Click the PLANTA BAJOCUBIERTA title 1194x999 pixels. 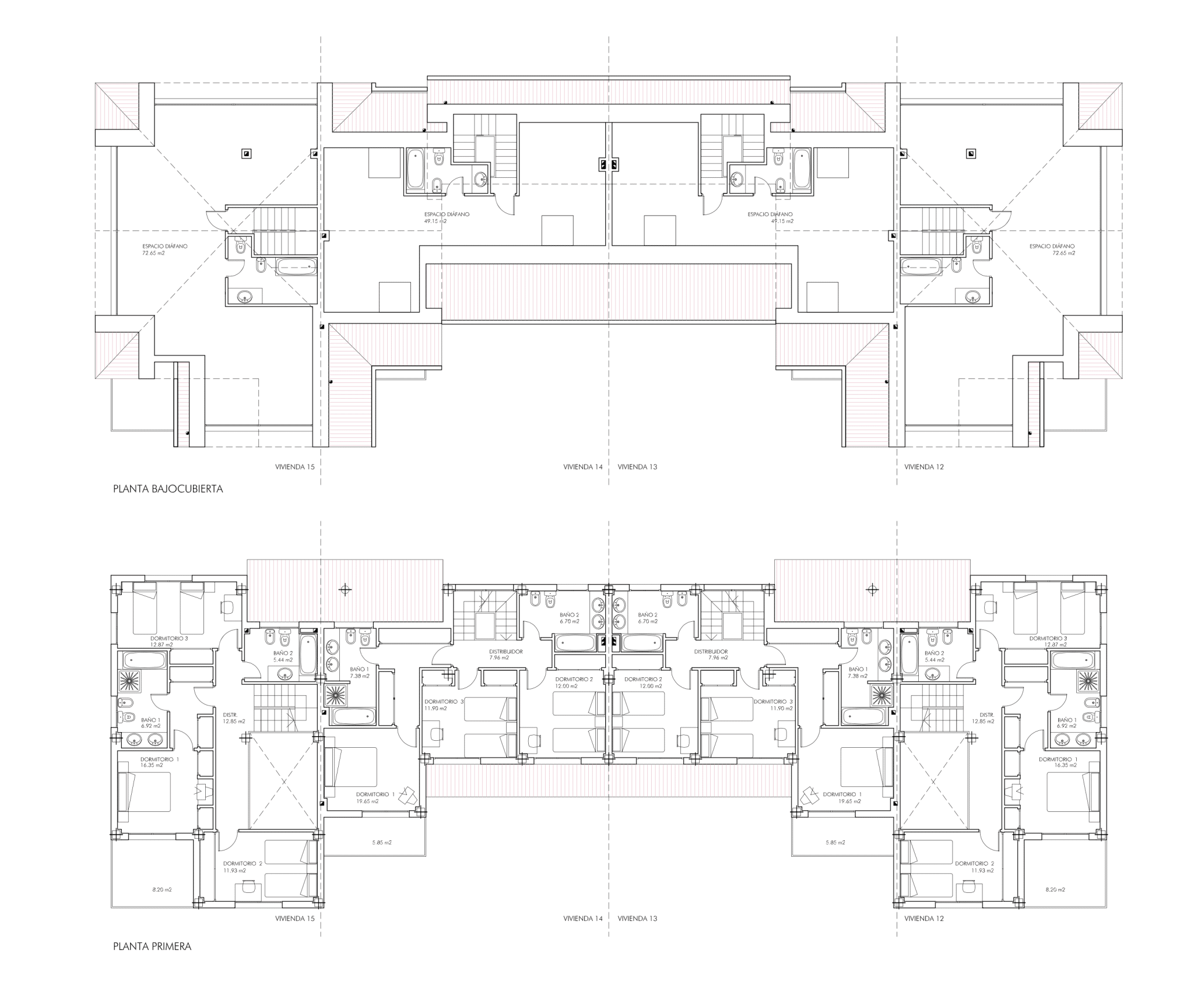pos(168,489)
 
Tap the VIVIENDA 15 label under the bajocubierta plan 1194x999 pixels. pos(294,467)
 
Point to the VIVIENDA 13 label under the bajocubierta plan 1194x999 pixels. pos(637,467)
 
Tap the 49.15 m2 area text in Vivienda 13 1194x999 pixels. pos(782,221)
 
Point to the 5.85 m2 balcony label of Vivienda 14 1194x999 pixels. pos(382,842)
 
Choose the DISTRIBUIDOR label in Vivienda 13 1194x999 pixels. pos(710,651)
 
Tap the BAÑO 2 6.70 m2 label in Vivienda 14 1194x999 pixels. pos(569,618)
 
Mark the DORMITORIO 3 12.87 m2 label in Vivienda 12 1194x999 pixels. pos(1048,641)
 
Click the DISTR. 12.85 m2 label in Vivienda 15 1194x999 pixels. pos(234,718)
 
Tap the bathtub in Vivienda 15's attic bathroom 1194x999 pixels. pos(296,267)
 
